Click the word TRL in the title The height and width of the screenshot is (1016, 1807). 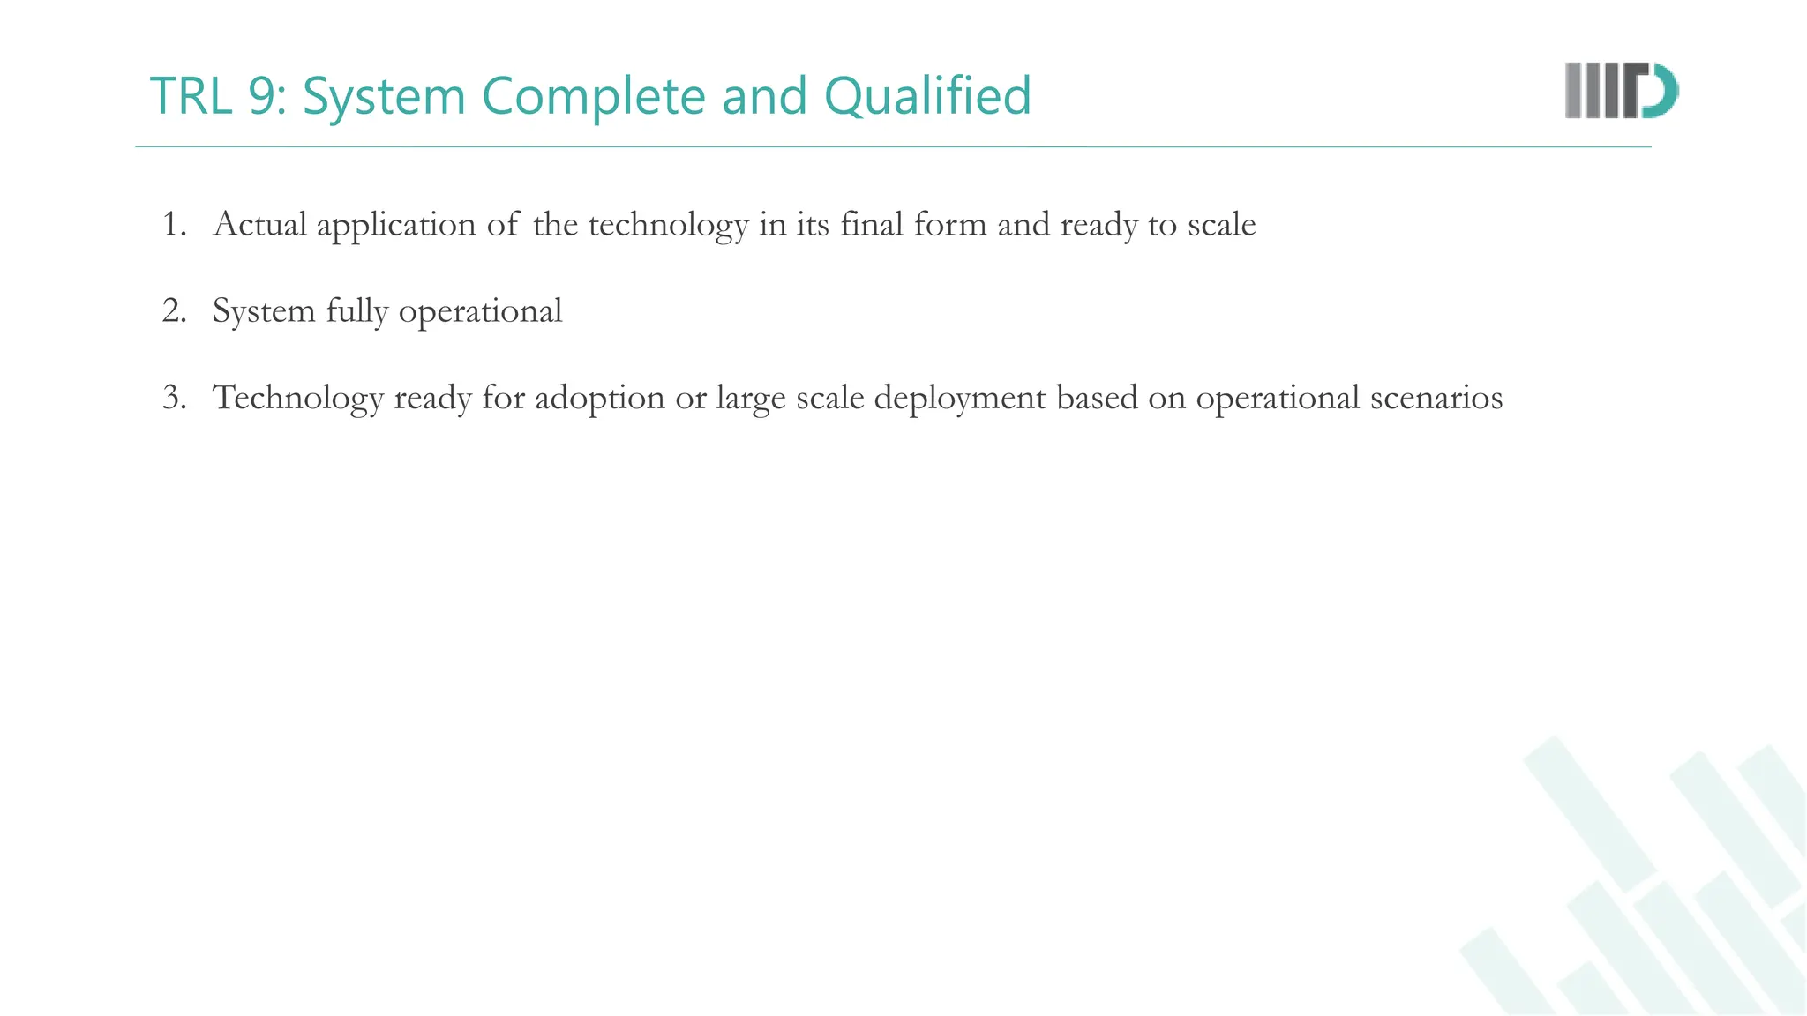click(191, 96)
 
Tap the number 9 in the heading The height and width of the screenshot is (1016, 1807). click(261, 96)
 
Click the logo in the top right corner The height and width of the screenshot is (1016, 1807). click(1621, 90)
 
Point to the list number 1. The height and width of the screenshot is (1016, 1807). click(174, 225)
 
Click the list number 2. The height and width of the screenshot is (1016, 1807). click(174, 311)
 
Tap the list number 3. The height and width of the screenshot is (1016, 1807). click(174, 398)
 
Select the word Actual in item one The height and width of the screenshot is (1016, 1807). click(260, 225)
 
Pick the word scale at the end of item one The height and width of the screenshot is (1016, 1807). click(1221, 225)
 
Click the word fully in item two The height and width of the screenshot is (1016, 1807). click(356, 311)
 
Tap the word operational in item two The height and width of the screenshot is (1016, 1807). click(480, 311)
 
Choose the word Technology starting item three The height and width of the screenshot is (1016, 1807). click(298, 398)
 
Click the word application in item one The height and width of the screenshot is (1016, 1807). click(396, 225)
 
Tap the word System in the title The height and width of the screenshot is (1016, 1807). click(384, 96)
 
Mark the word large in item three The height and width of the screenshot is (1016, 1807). click(750, 398)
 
